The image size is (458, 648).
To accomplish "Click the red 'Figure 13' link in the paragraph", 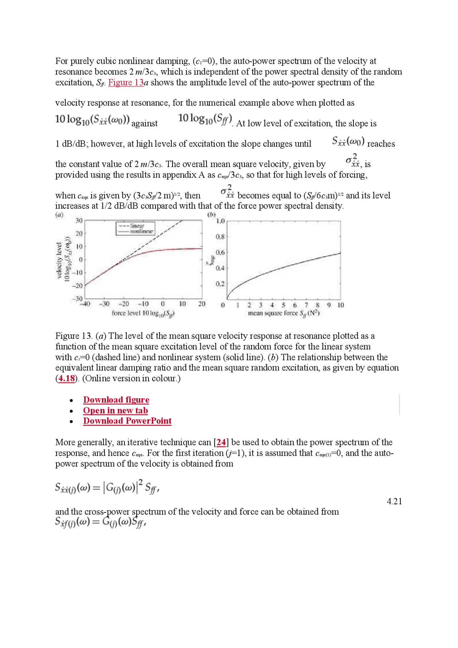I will tap(126, 83).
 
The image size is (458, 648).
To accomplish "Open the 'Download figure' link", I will tap(116, 400).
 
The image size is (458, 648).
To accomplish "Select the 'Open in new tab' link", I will tap(115, 410).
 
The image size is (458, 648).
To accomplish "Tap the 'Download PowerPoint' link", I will tap(127, 421).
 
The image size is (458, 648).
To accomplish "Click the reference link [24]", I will tap(221, 442).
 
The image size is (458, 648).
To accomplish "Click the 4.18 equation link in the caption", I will tap(67, 379).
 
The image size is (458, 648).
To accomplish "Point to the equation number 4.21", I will tap(394, 501).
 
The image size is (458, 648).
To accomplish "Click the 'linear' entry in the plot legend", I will tap(137, 226).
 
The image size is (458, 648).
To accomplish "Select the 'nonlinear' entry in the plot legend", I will tap(141, 232).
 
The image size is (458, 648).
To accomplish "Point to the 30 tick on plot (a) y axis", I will tap(79, 220).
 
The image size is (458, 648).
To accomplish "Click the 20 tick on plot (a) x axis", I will tap(202, 304).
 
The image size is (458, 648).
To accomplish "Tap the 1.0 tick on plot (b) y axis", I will tap(220, 221).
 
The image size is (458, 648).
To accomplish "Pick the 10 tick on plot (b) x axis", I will tap(340, 305).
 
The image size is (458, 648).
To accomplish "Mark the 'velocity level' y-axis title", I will tap(59, 260).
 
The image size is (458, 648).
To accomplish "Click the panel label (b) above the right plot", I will tap(211, 215).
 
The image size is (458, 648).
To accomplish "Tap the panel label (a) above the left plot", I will tap(59, 215).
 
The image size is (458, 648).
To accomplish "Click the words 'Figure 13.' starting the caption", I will tap(74, 336).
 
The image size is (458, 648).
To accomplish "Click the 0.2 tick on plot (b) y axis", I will tap(220, 284).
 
